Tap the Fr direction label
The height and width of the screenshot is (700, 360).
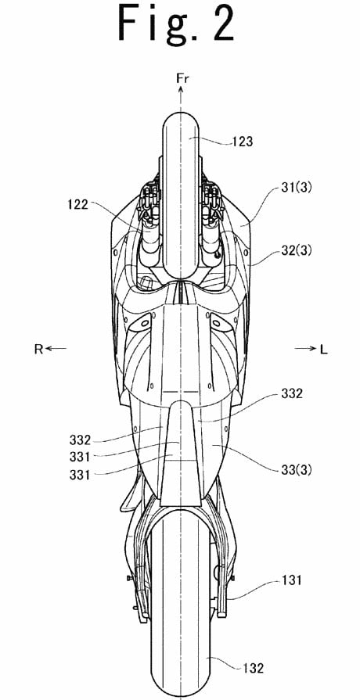coord(182,79)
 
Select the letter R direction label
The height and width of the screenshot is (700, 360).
coord(38,350)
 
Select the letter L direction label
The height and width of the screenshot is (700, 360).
coord(323,350)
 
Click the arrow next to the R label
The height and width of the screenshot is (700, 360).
coord(56,349)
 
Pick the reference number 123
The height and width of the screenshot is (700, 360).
coord(243,142)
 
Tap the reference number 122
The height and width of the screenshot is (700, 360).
coord(79,206)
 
